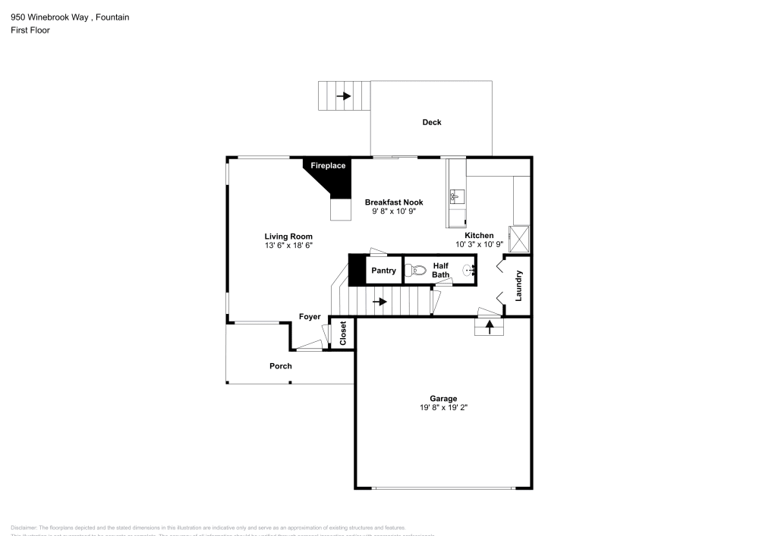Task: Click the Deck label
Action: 432,122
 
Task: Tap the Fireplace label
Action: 328,165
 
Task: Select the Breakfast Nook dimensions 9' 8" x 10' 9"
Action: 394,212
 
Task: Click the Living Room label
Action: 288,237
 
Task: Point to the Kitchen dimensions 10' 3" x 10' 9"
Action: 480,244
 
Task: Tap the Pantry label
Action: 383,271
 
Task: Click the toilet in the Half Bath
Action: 416,270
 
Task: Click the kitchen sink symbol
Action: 455,197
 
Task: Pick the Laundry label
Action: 519,286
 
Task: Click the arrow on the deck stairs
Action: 344,96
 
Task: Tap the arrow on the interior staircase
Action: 379,302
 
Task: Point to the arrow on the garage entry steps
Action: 490,327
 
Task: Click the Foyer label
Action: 310,317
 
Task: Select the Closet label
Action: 343,334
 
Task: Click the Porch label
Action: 281,366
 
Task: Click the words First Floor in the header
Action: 30,30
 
